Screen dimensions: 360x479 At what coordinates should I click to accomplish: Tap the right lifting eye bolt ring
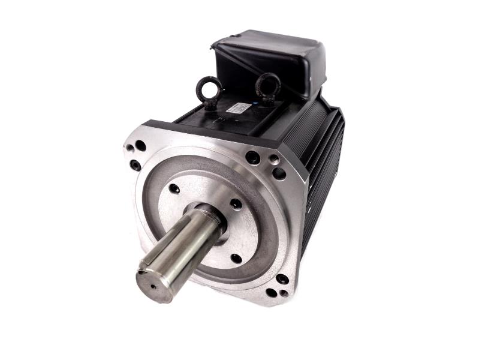click(x=268, y=84)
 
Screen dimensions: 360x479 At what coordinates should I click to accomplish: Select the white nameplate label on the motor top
click(x=238, y=110)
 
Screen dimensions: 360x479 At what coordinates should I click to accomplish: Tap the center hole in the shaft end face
click(x=151, y=286)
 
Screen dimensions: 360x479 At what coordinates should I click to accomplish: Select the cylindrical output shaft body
click(x=180, y=246)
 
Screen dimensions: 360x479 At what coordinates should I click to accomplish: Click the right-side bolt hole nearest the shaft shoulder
click(x=236, y=204)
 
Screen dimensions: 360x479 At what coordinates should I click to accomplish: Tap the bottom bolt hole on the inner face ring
click(x=236, y=259)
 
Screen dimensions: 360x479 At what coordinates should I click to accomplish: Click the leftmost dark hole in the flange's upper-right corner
click(x=252, y=157)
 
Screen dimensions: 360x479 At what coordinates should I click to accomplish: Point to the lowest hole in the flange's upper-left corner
click(x=136, y=164)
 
